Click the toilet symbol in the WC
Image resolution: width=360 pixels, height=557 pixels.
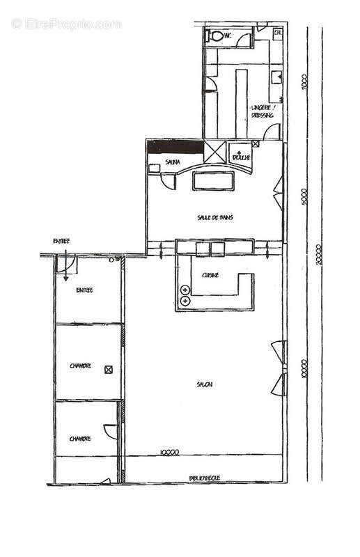pos(215,34)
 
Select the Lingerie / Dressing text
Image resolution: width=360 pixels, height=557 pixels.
pos(261,112)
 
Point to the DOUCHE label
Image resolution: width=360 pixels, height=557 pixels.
pos(241,157)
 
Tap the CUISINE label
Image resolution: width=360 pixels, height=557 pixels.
pos(210,276)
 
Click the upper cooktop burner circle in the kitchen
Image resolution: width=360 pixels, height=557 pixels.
pos(185,289)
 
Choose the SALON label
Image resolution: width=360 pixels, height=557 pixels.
pos(204,384)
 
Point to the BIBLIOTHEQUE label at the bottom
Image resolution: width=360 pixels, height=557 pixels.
pos(205,478)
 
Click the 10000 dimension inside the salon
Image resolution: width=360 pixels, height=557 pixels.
pos(169,452)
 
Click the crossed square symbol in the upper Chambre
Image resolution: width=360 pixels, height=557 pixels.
pos(108,369)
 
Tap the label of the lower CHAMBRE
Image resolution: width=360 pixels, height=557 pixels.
pos(81,439)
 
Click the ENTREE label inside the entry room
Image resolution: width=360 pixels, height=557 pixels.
pos(85,290)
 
